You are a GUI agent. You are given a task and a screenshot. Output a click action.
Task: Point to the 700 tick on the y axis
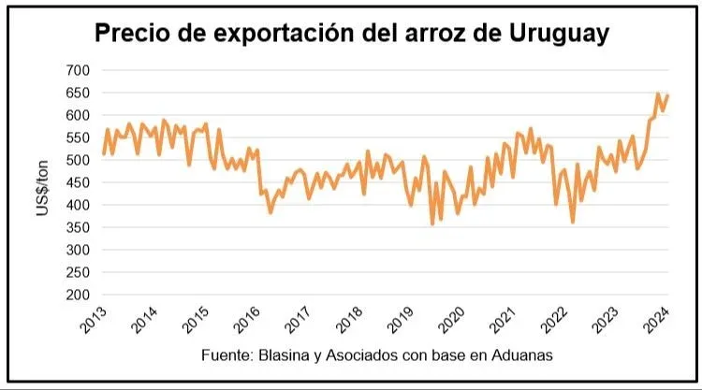click(78, 70)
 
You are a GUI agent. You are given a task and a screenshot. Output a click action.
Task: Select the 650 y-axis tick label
click(78, 93)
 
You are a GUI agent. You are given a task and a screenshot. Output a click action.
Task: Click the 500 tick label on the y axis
click(78, 160)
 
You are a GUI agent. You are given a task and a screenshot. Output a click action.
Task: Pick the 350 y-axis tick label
click(78, 227)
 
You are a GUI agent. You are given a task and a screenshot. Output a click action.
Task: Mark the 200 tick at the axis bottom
click(78, 295)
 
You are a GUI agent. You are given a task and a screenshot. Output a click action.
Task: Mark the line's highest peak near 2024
click(658, 94)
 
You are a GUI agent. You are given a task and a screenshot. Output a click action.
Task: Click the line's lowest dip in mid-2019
click(432, 224)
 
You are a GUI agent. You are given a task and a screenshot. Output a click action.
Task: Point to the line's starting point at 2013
click(103, 153)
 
